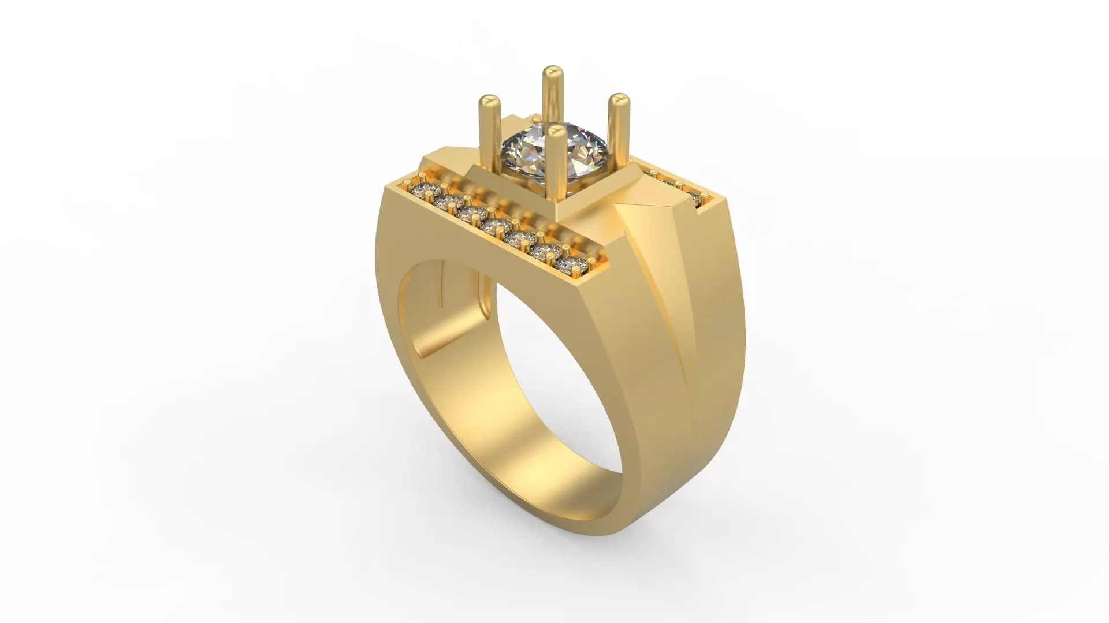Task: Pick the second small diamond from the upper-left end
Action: point(444,202)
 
